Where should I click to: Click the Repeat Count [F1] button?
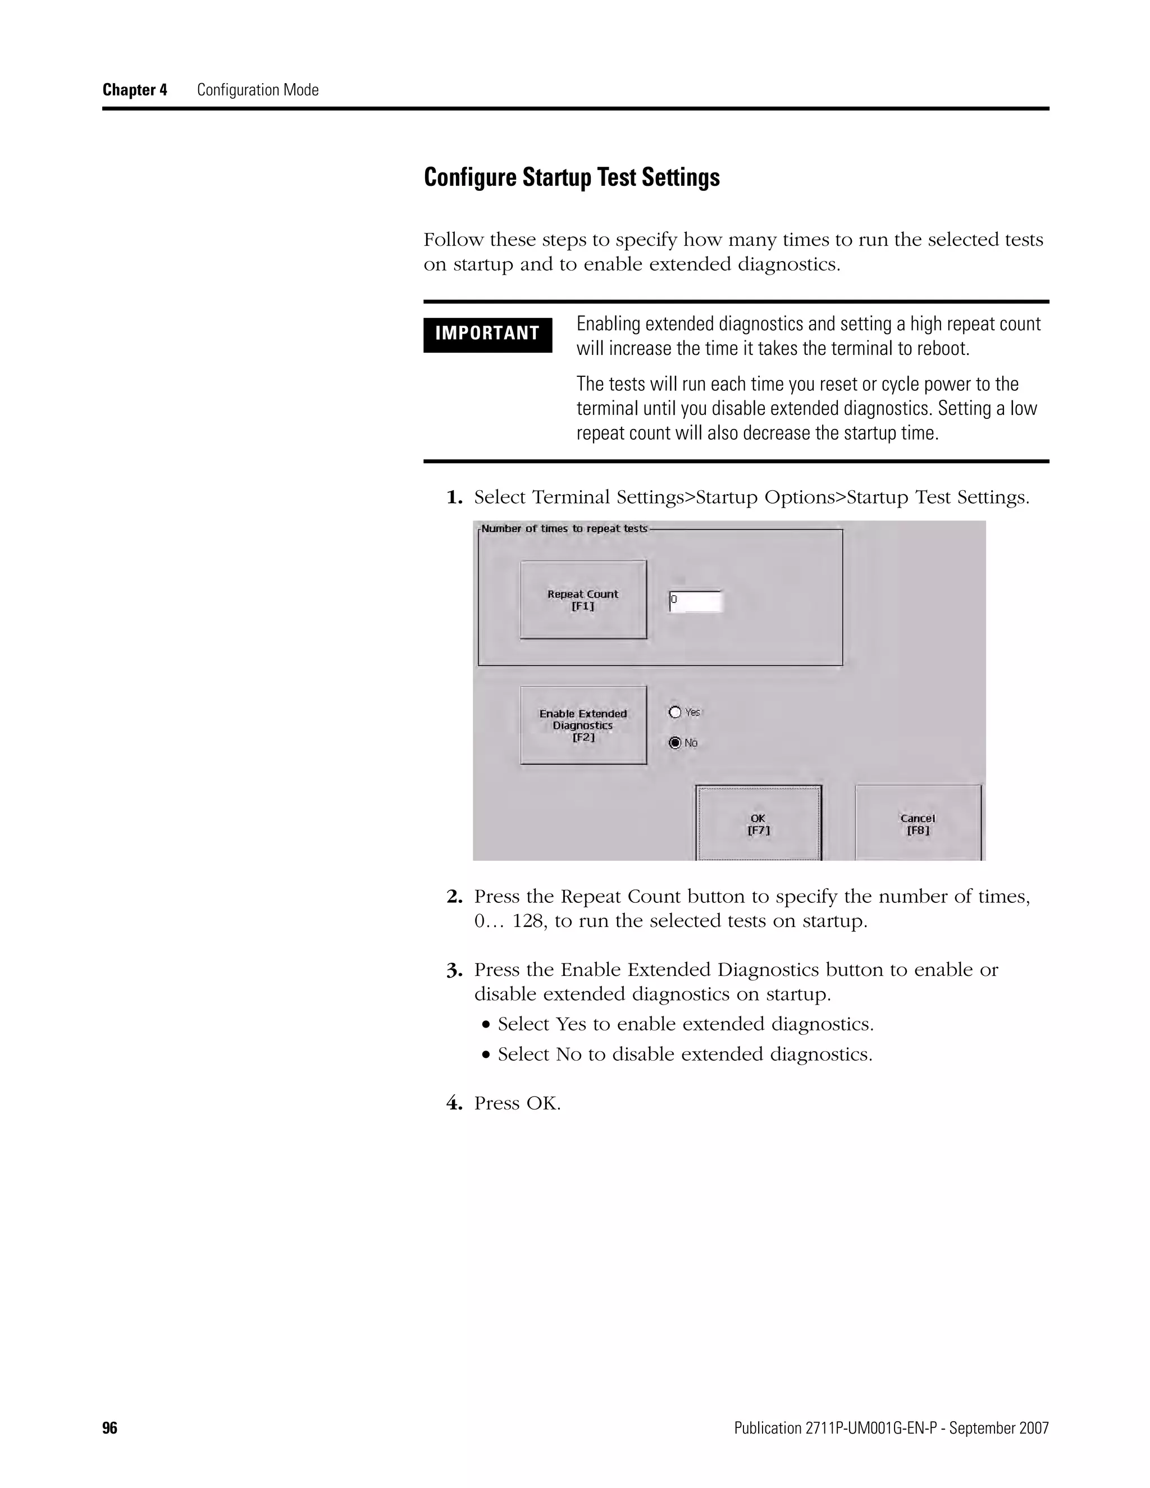tap(583, 600)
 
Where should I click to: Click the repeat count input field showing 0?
tap(695, 601)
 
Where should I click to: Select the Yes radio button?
tap(675, 712)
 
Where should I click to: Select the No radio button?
tap(675, 743)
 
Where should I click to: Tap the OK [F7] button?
tap(758, 823)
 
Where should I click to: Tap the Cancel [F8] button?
tap(918, 823)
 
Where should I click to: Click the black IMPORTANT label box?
tap(487, 334)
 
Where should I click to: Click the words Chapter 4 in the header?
tap(135, 90)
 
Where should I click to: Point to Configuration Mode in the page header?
tap(258, 90)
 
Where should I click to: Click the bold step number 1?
tap(454, 498)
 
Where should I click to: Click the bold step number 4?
tap(454, 1103)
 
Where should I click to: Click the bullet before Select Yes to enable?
tap(486, 1025)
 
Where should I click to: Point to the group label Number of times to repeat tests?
tap(564, 529)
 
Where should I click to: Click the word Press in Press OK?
tap(496, 1103)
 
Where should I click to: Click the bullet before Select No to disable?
tap(486, 1055)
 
